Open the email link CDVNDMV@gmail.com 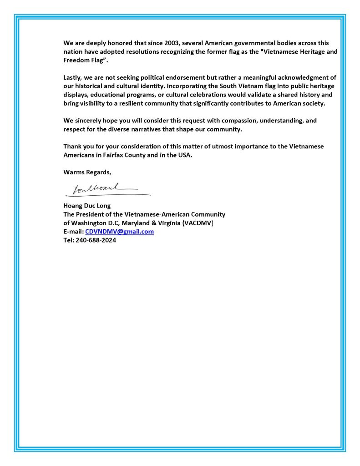pos(119,231)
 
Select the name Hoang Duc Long pos(87,205)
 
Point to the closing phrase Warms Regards pos(87,172)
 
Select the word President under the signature pos(91,214)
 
